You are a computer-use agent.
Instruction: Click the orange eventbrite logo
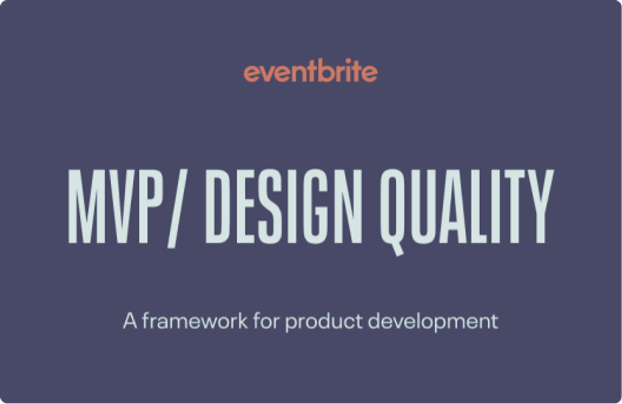tap(310, 72)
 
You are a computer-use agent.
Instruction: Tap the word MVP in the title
tap(114, 207)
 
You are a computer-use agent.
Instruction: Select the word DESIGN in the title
tap(283, 207)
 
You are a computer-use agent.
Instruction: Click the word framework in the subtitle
tap(195, 321)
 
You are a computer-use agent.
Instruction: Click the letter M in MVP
tap(82, 207)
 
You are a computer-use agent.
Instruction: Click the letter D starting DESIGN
tap(219, 207)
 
